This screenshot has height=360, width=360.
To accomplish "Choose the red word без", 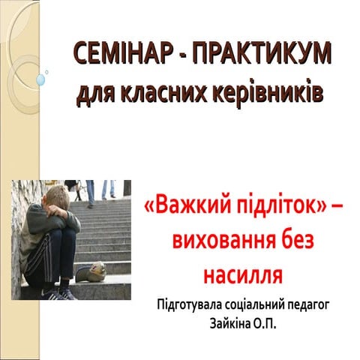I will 284,242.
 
